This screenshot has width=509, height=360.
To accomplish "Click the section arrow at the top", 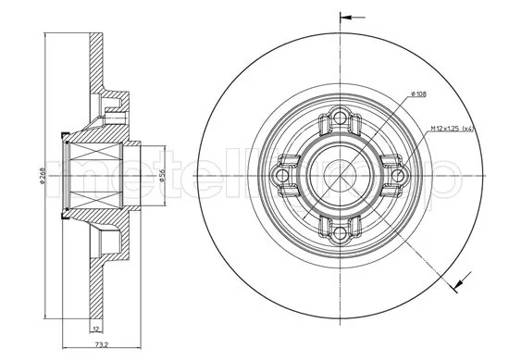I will point(349,17).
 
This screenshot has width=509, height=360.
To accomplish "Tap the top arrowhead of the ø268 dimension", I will point(47,37).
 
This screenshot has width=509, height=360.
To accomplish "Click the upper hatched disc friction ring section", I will point(93,60).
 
